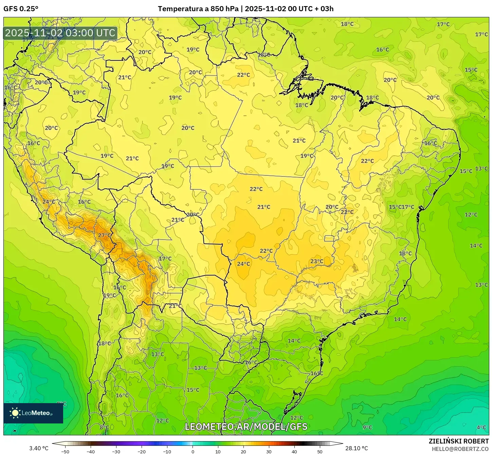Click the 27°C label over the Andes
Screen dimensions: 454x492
click(x=104, y=235)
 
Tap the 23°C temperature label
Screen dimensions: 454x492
click(x=317, y=261)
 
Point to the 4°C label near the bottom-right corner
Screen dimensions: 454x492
click(x=481, y=428)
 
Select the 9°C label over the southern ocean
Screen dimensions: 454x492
click(x=367, y=428)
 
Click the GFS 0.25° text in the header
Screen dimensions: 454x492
click(x=21, y=9)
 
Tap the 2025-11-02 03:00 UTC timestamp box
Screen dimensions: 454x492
click(x=60, y=33)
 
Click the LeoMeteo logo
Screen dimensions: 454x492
click(x=33, y=413)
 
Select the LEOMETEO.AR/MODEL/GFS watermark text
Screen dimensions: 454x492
click(x=246, y=427)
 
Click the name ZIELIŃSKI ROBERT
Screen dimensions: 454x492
click(x=458, y=441)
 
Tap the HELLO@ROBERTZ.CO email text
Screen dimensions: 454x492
click(x=460, y=449)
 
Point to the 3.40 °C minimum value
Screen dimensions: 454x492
click(x=39, y=448)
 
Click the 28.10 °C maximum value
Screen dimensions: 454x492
click(x=356, y=448)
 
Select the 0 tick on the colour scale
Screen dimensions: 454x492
click(x=193, y=452)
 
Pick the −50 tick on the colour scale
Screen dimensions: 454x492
click(x=65, y=452)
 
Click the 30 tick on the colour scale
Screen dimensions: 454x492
click(x=269, y=452)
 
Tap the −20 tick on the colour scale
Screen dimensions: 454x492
click(x=142, y=452)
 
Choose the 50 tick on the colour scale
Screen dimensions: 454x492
click(x=320, y=452)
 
